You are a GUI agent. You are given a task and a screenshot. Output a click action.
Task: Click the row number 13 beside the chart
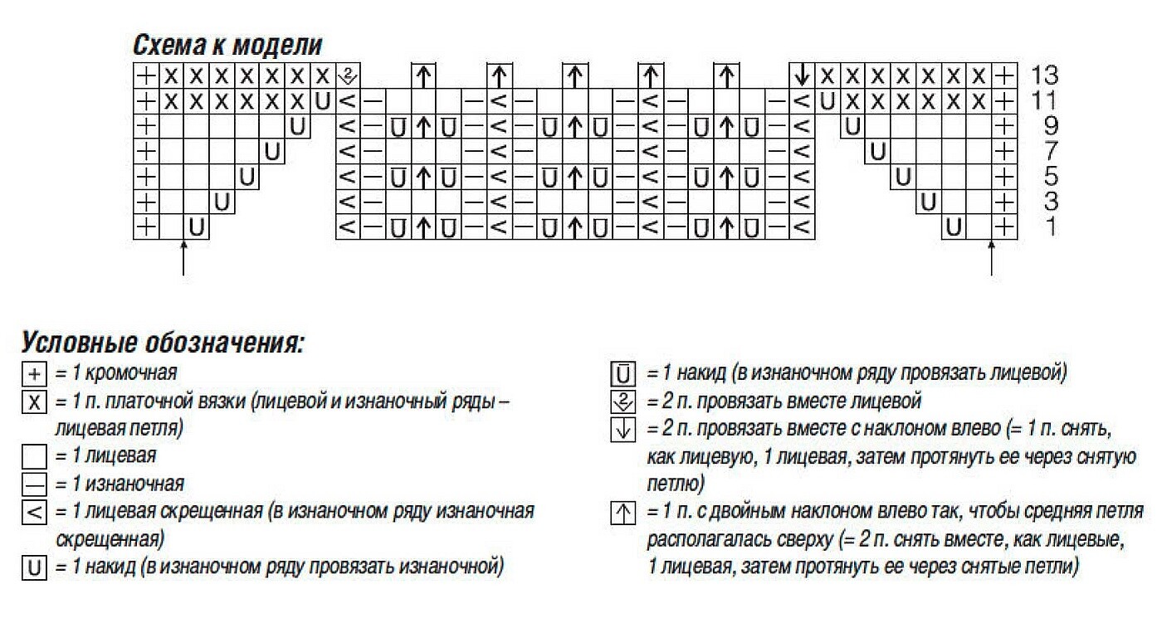pyautogui.click(x=1044, y=75)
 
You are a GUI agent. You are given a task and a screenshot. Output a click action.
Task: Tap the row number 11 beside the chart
pyautogui.click(x=1044, y=101)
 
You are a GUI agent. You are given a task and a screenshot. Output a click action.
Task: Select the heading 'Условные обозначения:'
pyautogui.click(x=163, y=343)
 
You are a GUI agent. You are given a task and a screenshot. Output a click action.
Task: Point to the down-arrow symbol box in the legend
pyautogui.click(x=622, y=430)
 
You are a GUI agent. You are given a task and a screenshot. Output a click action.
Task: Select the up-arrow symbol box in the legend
pyautogui.click(x=622, y=513)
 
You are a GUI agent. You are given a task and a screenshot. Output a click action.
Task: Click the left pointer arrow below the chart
pyautogui.click(x=183, y=257)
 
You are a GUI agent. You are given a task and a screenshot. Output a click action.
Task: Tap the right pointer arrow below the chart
pyautogui.click(x=992, y=257)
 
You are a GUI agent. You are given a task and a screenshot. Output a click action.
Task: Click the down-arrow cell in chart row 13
pyautogui.click(x=802, y=75)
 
